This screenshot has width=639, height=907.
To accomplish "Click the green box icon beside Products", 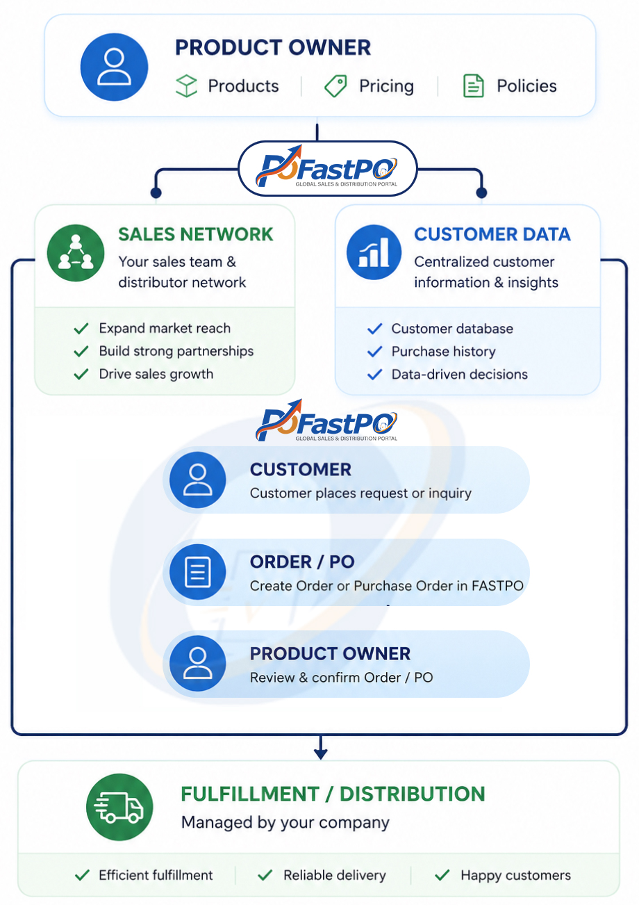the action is [186, 86].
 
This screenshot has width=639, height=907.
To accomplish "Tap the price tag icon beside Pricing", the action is [335, 86].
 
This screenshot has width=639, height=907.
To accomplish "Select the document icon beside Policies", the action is [473, 86].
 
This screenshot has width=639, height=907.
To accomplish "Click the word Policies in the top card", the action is [526, 86].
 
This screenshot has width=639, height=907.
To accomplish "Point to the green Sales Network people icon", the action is [76, 253].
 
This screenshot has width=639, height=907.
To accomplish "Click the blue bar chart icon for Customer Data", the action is [374, 252].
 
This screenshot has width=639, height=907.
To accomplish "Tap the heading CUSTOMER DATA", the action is [492, 234].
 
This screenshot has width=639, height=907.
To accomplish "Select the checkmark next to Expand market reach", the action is [81, 328].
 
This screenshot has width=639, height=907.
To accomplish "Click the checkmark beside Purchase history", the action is [375, 352].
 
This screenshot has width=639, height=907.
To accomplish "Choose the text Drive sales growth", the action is [156, 374].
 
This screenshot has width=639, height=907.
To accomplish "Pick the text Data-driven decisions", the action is [459, 375].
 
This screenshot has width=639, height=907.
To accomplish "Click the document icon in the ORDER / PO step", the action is [197, 572].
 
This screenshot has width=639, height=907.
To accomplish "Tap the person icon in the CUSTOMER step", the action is [197, 480].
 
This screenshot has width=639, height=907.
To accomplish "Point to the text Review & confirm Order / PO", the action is [341, 678].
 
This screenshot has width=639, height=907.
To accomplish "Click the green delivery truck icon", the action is [119, 807].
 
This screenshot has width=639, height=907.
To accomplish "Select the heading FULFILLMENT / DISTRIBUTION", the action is [333, 794].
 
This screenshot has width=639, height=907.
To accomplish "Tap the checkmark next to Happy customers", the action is [442, 875].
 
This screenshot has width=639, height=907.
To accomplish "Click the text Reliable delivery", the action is [334, 875].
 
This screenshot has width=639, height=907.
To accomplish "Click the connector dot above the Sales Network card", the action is [156, 193].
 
